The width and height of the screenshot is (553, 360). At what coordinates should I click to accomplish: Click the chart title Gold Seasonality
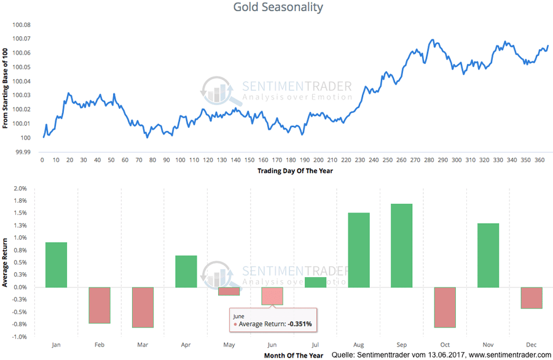click(278, 7)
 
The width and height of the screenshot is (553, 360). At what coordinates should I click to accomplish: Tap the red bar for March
click(143, 307)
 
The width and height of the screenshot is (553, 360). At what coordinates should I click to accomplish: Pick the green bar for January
click(56, 265)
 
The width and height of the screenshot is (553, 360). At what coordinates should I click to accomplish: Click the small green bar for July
click(315, 282)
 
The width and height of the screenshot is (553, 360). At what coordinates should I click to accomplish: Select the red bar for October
click(445, 307)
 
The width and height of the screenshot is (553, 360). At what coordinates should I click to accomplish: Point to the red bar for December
click(531, 298)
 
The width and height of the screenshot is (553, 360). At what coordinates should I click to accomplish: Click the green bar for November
click(488, 255)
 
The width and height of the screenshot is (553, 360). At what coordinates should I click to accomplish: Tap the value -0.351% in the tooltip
click(299, 323)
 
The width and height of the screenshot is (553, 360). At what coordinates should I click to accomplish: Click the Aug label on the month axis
click(359, 345)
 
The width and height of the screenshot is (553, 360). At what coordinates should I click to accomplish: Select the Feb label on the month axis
click(100, 345)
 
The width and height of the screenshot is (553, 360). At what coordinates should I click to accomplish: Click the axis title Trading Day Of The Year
click(295, 171)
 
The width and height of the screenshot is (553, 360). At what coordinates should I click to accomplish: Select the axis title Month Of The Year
click(294, 355)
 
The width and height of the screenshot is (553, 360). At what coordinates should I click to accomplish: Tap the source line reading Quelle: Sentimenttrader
click(441, 355)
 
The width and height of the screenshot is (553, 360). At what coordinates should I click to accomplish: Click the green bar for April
click(186, 272)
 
